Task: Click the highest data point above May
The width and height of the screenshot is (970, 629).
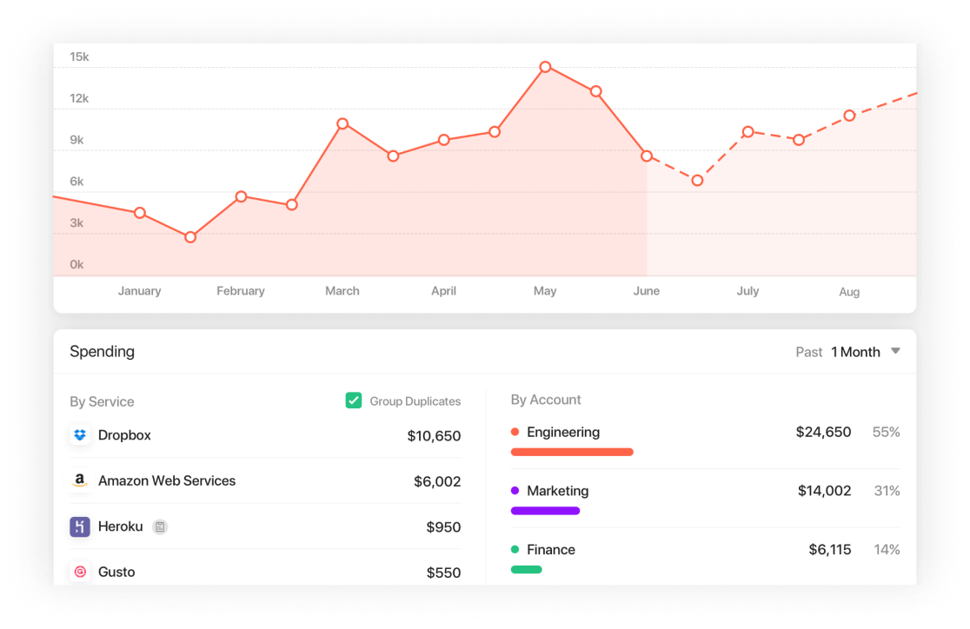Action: [545, 67]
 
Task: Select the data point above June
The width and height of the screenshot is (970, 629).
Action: [647, 156]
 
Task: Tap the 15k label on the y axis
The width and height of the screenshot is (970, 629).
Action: [79, 57]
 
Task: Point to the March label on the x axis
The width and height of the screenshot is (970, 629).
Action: [342, 291]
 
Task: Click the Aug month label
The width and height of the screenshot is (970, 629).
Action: [849, 292]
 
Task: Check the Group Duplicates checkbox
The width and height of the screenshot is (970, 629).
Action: [354, 401]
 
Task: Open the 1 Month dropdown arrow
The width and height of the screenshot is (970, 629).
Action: [895, 352]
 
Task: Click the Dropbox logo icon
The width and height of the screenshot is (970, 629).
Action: [80, 435]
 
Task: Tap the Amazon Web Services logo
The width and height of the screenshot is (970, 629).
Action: [80, 480]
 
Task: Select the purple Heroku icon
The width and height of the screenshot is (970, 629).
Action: [80, 526]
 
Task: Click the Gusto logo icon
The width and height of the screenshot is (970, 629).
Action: [80, 572]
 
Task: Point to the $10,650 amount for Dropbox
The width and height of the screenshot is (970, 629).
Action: [434, 436]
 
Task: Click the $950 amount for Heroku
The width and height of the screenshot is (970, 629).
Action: [443, 527]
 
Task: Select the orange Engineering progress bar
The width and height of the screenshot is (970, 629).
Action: [572, 452]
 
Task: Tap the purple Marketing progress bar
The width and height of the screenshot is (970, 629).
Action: [545, 511]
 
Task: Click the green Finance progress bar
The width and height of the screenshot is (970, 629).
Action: [527, 570]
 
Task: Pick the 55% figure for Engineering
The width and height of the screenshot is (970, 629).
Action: [886, 432]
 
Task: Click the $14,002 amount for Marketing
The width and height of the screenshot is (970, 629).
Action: [824, 491]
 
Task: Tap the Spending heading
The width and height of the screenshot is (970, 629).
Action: [103, 352]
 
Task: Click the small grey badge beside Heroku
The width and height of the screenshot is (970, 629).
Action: [160, 526]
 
